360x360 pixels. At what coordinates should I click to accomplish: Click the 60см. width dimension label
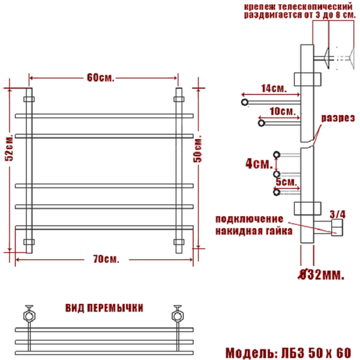[100, 78]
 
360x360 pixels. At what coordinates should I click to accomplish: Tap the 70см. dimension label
[106, 259]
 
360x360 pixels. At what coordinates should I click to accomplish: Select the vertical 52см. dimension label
[9, 147]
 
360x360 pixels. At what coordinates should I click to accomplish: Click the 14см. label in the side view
[274, 88]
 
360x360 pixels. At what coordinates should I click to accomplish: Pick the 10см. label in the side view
[283, 111]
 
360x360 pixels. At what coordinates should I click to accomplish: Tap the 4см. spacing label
[259, 163]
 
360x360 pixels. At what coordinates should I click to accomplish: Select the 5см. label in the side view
[286, 182]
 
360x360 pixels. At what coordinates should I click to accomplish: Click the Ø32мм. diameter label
[322, 274]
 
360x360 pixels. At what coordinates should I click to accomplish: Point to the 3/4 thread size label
[337, 214]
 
